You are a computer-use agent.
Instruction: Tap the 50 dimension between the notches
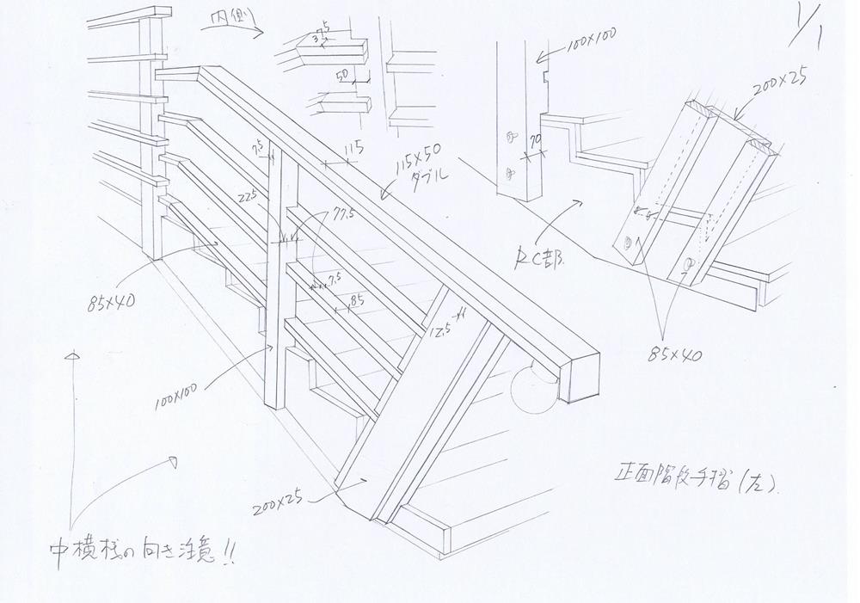coord(341,76)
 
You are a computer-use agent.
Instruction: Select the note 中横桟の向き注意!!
coord(142,552)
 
